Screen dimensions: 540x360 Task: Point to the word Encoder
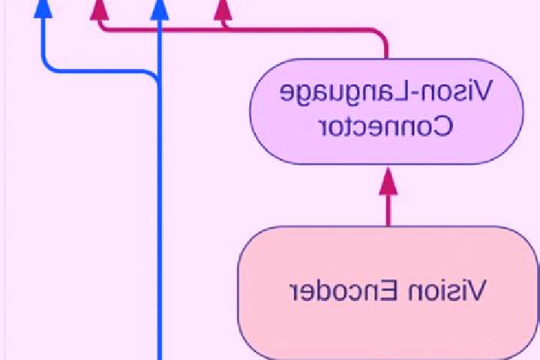pos(344,290)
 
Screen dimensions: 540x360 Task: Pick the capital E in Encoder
pos(391,290)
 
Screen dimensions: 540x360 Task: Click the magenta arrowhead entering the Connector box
pos(388,181)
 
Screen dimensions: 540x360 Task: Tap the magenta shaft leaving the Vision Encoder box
pos(388,211)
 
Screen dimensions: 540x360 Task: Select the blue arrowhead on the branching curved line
pos(43,8)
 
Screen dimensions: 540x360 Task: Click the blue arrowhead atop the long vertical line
pos(160,10)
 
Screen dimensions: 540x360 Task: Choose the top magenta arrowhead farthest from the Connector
pos(99,10)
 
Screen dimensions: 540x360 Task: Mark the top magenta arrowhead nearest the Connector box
pos(223,10)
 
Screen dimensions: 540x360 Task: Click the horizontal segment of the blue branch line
pos(100,71)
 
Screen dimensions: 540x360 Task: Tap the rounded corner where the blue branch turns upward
pos(46,66)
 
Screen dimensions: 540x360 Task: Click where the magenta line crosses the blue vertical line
pos(160,30)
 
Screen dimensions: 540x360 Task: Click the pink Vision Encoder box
pos(388,292)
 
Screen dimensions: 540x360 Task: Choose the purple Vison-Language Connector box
pos(387,111)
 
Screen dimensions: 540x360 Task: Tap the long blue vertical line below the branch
pos(160,220)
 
